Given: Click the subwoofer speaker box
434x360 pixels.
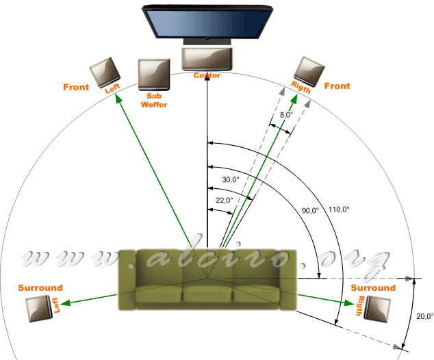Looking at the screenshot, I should [x=154, y=73].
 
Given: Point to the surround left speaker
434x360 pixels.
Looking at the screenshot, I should [x=39, y=309].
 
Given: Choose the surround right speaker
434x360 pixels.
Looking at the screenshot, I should [x=378, y=309].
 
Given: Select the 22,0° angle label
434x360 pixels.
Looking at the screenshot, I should [x=223, y=200].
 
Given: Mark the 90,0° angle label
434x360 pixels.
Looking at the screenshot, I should [x=309, y=211].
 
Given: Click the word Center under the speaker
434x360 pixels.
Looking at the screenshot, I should [x=207, y=75].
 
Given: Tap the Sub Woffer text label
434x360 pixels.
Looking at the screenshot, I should [x=153, y=100].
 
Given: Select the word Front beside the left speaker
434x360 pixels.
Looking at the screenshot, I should [x=76, y=87].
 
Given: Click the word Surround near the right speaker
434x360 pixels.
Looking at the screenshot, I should [x=373, y=288].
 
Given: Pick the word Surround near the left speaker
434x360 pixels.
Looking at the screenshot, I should [x=40, y=287].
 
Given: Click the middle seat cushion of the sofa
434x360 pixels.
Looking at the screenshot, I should [x=207, y=294].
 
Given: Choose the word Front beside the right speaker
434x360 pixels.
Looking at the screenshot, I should [x=337, y=86].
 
